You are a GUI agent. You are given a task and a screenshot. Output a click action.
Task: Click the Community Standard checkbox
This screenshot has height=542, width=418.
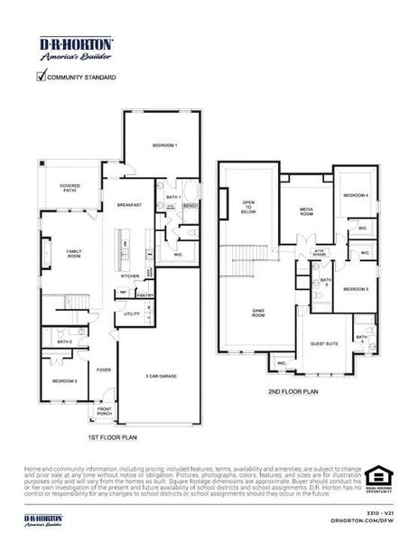tap(40, 77)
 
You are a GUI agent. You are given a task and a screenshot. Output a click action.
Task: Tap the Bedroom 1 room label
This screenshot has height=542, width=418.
tap(164, 145)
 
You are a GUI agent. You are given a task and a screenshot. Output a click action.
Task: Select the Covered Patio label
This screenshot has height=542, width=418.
tap(70, 188)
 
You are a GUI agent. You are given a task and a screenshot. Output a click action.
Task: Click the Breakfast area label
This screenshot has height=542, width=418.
tap(129, 206)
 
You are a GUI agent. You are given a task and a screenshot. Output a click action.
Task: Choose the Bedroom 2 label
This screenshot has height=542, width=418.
tap(64, 381)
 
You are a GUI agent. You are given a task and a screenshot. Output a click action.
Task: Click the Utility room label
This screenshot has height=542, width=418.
tap(132, 313)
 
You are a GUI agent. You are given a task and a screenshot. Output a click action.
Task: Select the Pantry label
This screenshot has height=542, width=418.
tap(144, 294)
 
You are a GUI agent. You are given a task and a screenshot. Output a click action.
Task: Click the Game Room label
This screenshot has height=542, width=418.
tap(258, 312)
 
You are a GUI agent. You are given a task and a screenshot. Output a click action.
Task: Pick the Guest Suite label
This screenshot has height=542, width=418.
tap(323, 344)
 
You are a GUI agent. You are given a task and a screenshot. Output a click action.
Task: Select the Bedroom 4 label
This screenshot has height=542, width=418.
tap(355, 196)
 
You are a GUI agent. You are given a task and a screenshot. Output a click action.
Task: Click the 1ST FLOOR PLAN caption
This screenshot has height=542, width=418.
tap(112, 437)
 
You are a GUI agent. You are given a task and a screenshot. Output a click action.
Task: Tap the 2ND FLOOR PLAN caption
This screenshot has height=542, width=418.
tap(294, 393)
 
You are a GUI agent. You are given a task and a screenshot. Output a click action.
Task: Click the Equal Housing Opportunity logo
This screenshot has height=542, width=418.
tap(378, 475)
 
